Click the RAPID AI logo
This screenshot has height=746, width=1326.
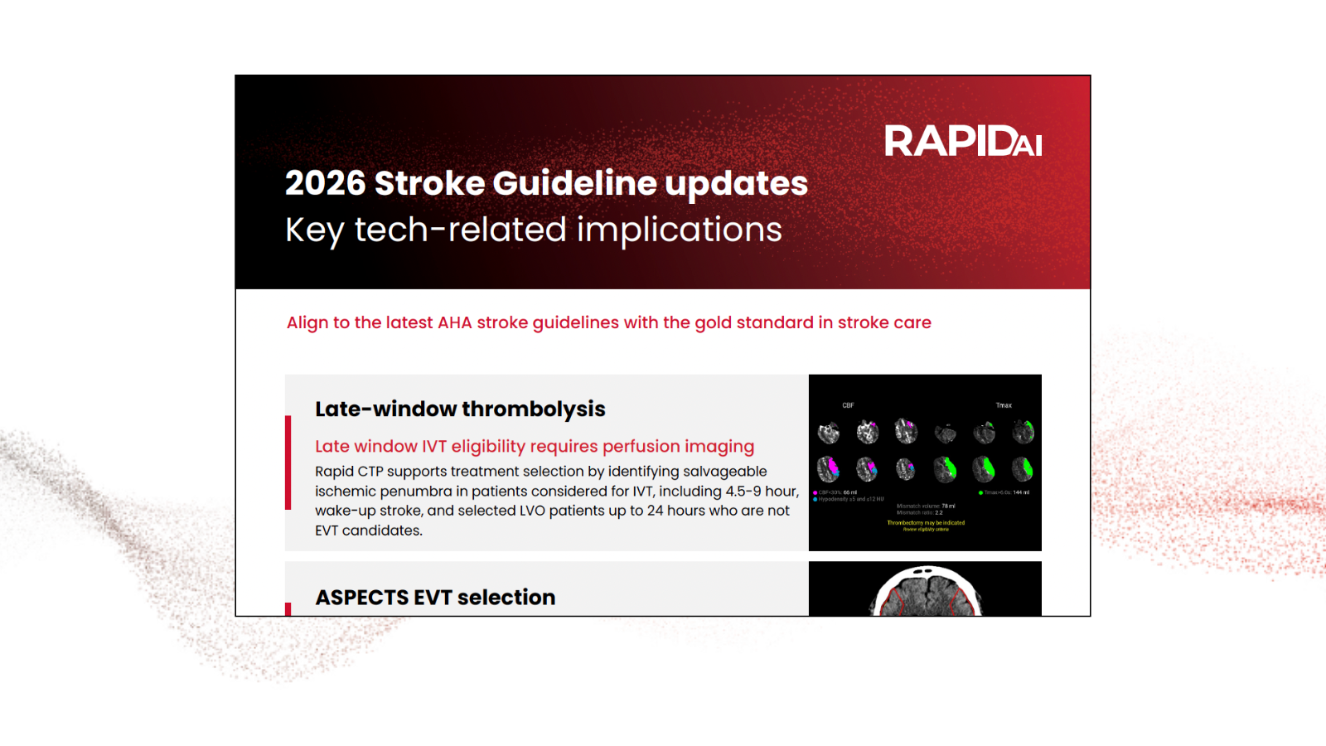962,141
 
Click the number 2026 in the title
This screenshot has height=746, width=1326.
325,183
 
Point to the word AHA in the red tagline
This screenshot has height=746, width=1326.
454,322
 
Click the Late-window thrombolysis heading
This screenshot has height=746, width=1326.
460,409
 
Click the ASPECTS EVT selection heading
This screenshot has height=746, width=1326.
435,597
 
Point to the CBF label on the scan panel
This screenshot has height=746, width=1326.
848,405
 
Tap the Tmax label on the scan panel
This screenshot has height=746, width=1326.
1004,405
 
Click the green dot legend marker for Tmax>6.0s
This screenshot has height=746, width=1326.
980,492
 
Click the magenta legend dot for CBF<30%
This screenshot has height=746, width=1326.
815,492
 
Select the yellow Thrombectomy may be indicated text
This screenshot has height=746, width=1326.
926,523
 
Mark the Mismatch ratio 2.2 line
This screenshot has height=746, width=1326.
920,512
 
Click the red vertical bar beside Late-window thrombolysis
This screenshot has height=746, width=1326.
288,463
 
